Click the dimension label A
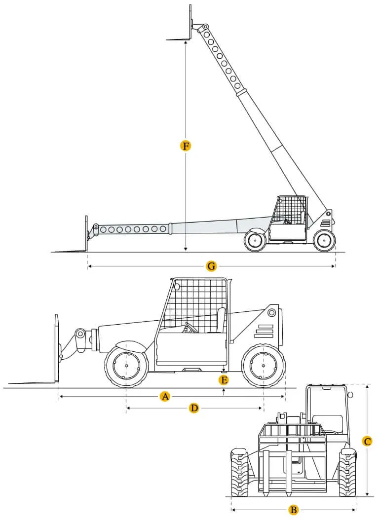coord(165,396)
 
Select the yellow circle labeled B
coord(293,510)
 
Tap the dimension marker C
coord(367,442)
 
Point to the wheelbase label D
coord(194,408)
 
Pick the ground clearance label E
coord(224,379)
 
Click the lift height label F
coord(185,146)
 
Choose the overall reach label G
coord(211,266)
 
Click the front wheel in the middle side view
coord(127,366)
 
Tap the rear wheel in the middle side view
coord(264,366)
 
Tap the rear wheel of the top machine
coord(324,240)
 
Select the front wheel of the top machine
coord(255,240)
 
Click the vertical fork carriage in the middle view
coord(56,348)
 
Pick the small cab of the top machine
coord(289,217)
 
